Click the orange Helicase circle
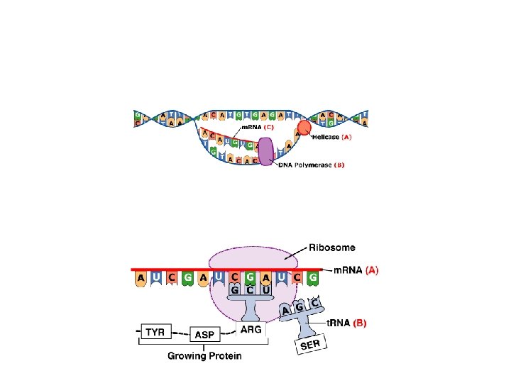303,128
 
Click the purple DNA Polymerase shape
265,152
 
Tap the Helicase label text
326,137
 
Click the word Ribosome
332,248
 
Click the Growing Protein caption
204,355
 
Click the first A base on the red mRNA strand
141,279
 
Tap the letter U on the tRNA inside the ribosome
265,290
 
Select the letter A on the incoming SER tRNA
286,310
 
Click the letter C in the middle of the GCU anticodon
250,290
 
